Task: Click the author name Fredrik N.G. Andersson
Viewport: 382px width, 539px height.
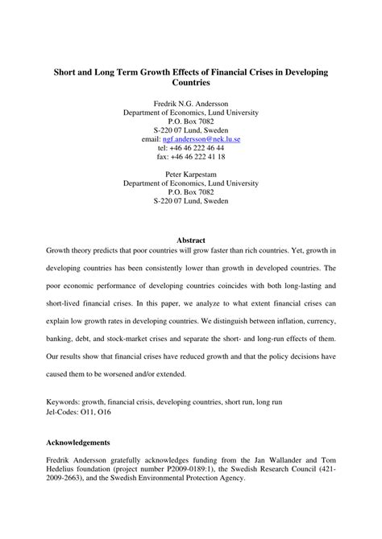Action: pos(191,104)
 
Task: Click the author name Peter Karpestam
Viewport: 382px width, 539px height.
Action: pos(191,175)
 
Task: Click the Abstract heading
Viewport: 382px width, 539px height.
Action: pos(191,240)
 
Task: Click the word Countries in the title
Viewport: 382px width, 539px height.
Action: pos(191,83)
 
